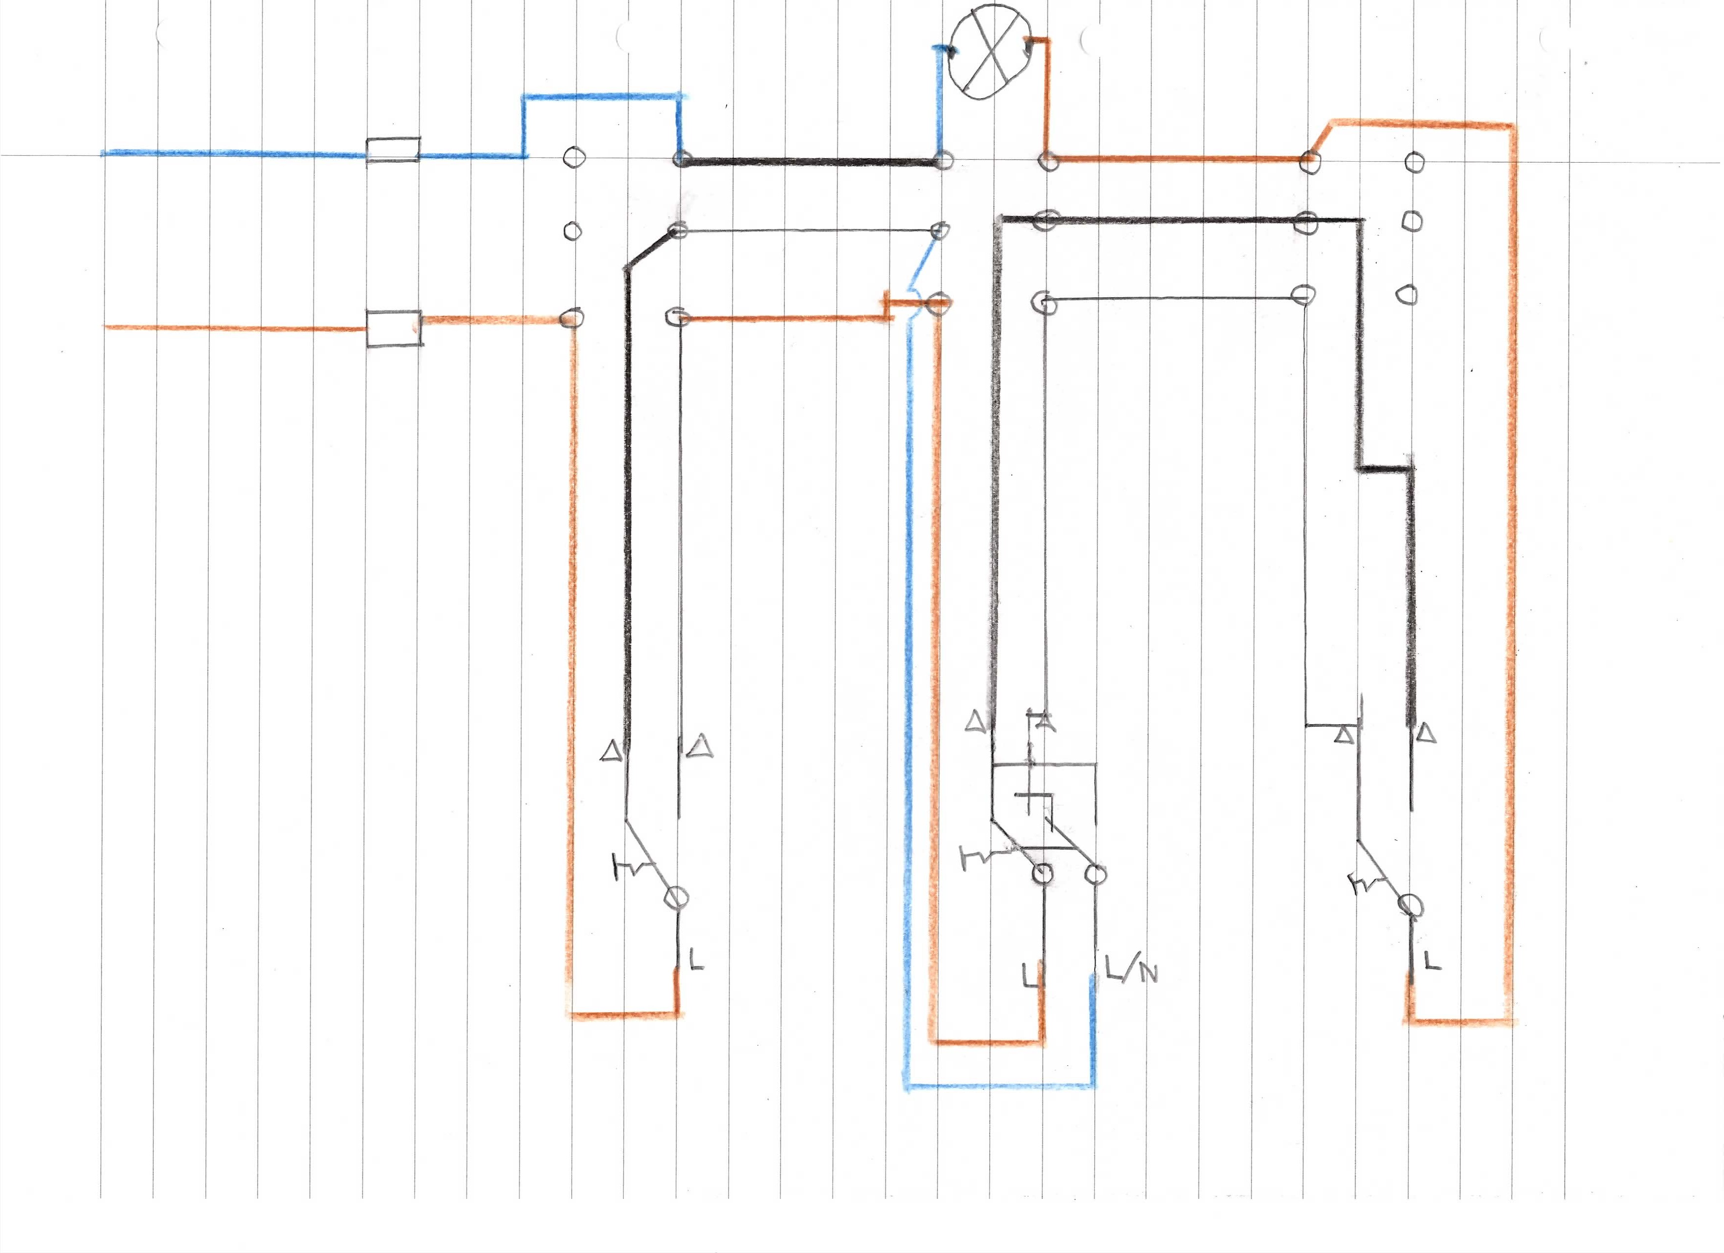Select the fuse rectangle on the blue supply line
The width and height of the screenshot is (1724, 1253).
tap(392, 150)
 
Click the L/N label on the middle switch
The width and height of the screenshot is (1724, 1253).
tap(1131, 971)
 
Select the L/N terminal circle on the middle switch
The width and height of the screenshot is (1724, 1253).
tap(1095, 874)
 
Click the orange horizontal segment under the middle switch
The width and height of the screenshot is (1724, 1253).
tap(988, 1042)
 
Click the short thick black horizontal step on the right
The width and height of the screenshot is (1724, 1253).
tap(1386, 468)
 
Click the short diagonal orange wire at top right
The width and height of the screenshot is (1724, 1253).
tap(1321, 140)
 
